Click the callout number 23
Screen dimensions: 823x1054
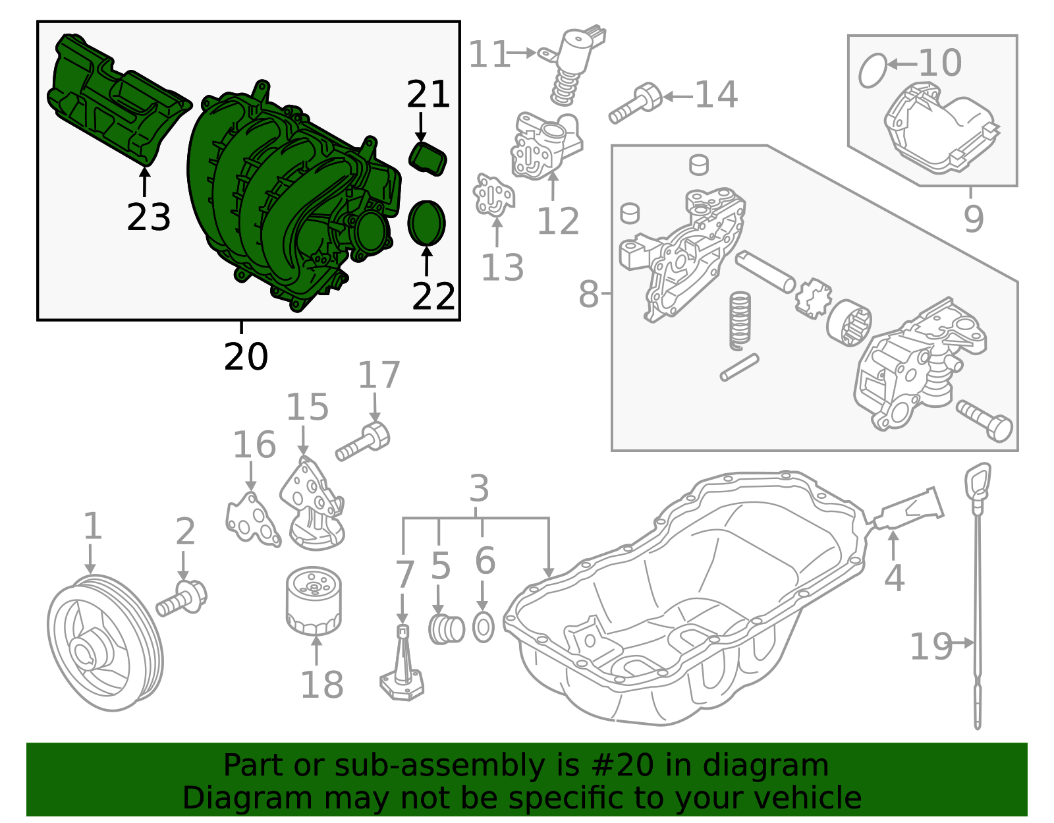coord(148,217)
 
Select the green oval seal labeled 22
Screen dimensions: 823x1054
coord(427,223)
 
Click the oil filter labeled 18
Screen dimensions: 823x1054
coord(314,601)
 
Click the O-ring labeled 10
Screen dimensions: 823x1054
coord(873,71)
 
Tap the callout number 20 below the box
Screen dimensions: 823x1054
coord(246,356)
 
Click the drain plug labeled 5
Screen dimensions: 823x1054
coord(447,629)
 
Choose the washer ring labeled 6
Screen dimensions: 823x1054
coord(484,627)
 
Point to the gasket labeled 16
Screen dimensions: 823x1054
coord(252,521)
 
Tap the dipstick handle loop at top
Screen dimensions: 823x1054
coord(978,479)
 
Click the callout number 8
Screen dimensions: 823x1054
coord(588,295)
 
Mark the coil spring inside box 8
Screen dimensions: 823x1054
coord(740,320)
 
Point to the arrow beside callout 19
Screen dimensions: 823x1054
coord(964,642)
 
